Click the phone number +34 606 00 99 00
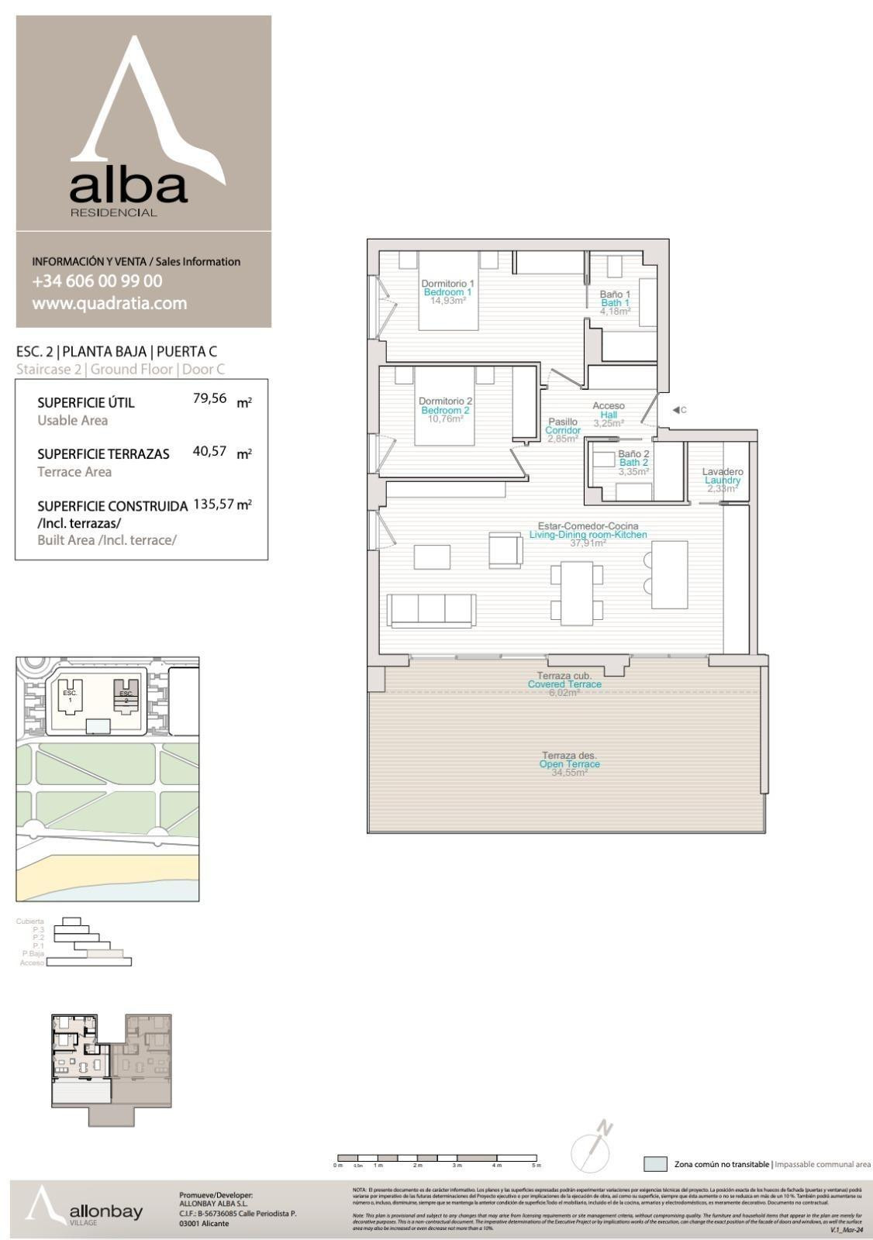pyautogui.click(x=97, y=281)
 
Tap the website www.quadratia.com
pyautogui.click(x=109, y=304)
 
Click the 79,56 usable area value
pyautogui.click(x=209, y=399)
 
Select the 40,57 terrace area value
pyautogui.click(x=209, y=451)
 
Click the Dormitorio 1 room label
pyautogui.click(x=447, y=284)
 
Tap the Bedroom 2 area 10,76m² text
pyautogui.click(x=445, y=419)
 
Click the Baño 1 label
pyautogui.click(x=615, y=294)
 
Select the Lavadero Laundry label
pyautogui.click(x=722, y=476)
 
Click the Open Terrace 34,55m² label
pyautogui.click(x=569, y=764)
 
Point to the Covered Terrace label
pyautogui.click(x=564, y=684)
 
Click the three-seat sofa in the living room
pyautogui.click(x=431, y=610)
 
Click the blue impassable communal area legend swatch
pyautogui.click(x=655, y=1164)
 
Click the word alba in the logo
pyautogui.click(x=129, y=186)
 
